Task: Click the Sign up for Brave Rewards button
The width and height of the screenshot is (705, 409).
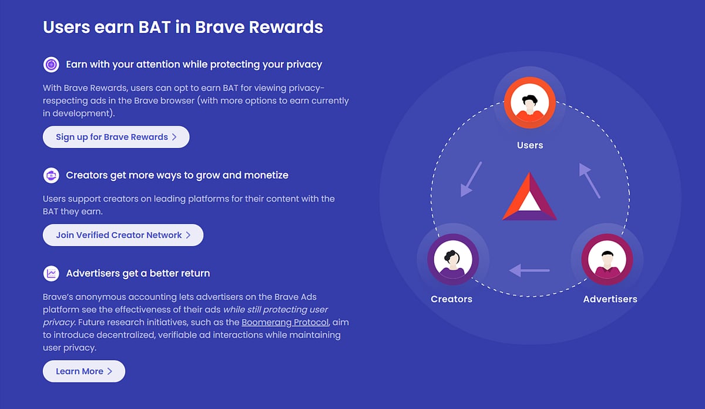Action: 116,137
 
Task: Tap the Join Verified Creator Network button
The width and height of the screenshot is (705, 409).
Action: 123,235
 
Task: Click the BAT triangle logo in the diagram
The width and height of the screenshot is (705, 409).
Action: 529,198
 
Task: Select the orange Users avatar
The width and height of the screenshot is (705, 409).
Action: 529,103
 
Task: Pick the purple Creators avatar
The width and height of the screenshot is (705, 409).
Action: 453,259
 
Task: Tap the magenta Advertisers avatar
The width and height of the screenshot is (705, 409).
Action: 607,259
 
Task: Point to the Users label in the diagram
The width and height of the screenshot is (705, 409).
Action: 530,145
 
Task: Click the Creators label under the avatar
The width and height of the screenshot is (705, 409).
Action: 451,299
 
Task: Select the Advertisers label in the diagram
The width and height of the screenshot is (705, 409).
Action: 610,299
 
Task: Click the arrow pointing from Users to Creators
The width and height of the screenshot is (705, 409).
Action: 471,179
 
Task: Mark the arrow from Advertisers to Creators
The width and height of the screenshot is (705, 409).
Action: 529,270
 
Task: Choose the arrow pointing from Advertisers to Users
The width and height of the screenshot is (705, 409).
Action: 589,180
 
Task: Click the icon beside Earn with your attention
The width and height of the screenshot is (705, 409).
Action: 51,64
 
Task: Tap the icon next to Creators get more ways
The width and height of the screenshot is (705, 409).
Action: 51,175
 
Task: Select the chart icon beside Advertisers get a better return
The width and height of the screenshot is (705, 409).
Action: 51,273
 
